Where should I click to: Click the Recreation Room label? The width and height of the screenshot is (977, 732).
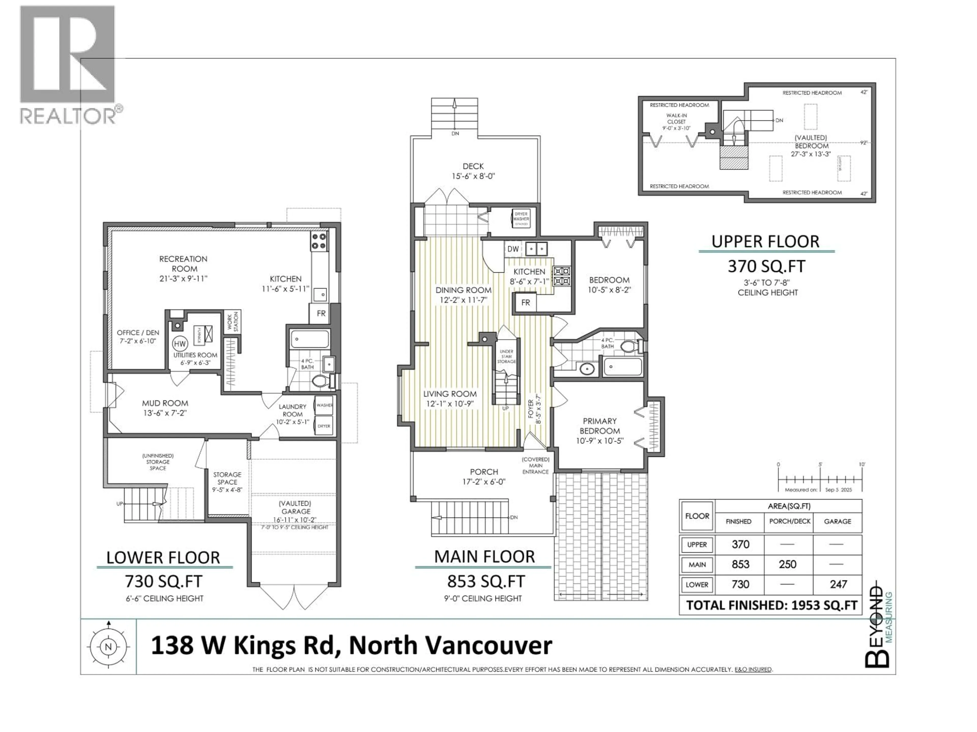click(183, 263)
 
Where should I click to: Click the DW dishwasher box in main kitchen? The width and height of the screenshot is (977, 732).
click(513, 249)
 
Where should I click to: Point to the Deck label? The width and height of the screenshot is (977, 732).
click(473, 166)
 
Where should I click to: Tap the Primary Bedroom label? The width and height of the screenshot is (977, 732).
click(599, 426)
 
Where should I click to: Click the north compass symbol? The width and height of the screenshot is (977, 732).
click(108, 647)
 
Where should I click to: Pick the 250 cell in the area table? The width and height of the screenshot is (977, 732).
click(787, 564)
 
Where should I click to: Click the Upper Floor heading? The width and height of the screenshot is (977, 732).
click(765, 241)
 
